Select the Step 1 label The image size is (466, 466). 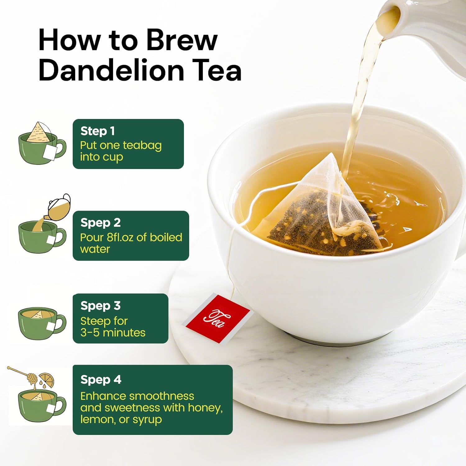tap(98, 131)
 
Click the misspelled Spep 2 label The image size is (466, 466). tap(100, 223)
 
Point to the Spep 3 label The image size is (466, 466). tap(100, 306)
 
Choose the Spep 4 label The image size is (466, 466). tap(101, 380)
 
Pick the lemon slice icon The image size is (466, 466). tap(47, 380)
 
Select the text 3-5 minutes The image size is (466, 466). tap(113, 333)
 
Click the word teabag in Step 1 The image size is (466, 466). tap(142, 145)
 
